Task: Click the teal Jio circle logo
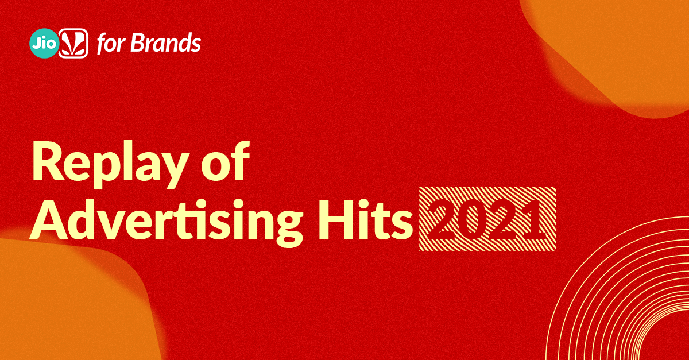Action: point(44,44)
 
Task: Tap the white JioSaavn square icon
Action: point(73,44)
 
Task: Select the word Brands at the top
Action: point(167,44)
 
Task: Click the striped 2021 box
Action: point(487,219)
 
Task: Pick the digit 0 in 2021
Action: point(471,219)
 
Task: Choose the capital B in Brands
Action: point(137,44)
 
